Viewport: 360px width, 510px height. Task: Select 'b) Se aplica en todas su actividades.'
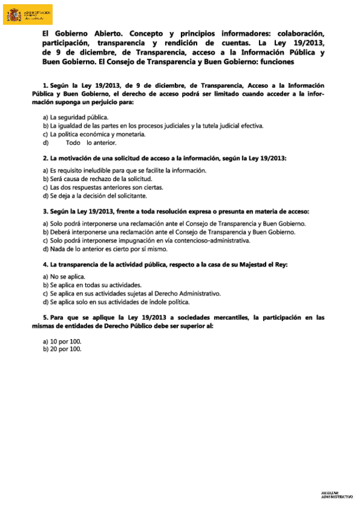(x=92, y=284)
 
